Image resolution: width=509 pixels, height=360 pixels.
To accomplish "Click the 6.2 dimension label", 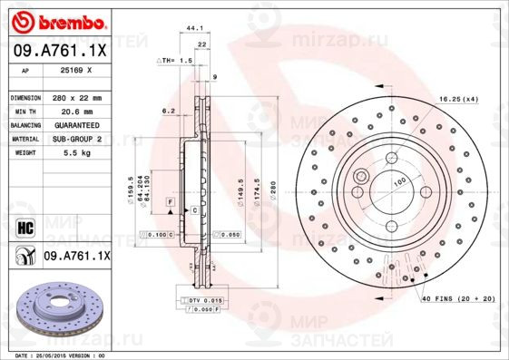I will pos(168,111).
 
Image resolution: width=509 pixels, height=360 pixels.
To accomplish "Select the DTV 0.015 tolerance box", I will pos(205,300).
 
